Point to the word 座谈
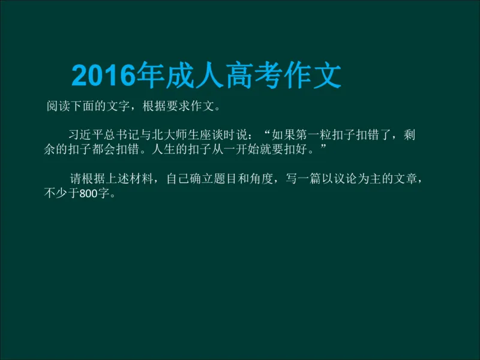tap(220, 136)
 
